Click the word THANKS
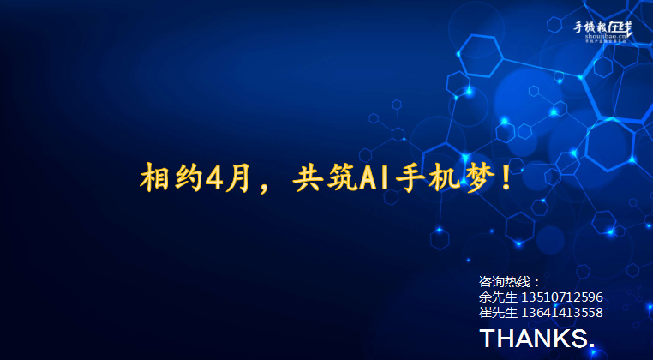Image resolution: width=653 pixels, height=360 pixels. coord(536,338)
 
